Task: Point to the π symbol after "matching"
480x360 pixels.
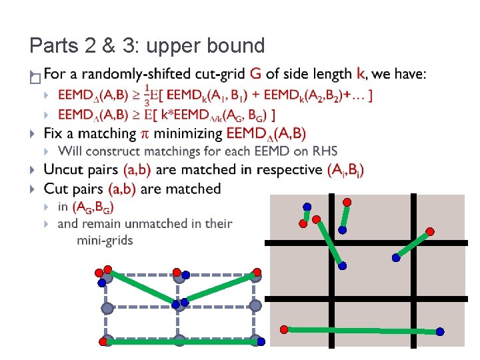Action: pyautogui.click(x=147, y=134)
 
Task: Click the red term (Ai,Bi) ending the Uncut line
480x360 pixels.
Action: pyautogui.click(x=346, y=170)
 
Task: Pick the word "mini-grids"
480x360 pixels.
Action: pyautogui.click(x=105, y=239)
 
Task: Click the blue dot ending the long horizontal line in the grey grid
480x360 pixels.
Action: pyautogui.click(x=440, y=331)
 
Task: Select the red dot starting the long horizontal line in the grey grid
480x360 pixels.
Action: pyautogui.click(x=284, y=329)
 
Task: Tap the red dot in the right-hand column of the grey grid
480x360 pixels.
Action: pyautogui.click(x=430, y=231)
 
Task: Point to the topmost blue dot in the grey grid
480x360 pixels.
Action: pyautogui.click(x=307, y=207)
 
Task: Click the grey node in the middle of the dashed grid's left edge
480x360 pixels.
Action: pyautogui.click(x=107, y=307)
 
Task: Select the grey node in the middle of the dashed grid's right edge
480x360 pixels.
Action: pyautogui.click(x=255, y=305)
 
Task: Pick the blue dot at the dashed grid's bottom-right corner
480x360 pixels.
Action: pyautogui.click(x=261, y=342)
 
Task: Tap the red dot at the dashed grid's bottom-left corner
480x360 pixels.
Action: pyautogui.click(x=102, y=342)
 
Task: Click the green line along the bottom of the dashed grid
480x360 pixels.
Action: pyautogui.click(x=180, y=342)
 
